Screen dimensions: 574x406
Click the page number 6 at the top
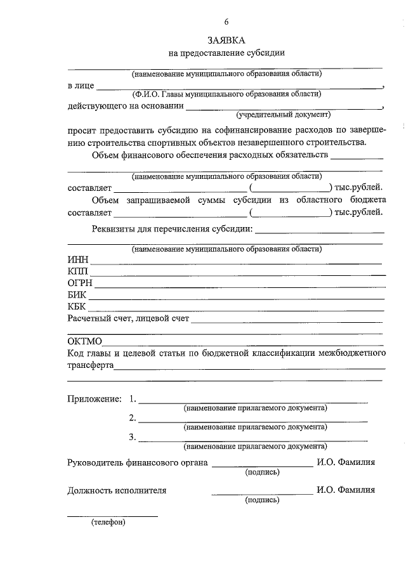[x=226, y=20]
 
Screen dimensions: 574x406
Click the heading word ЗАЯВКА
[x=226, y=39]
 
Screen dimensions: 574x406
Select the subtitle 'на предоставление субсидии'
[x=226, y=53]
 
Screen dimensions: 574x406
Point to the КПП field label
[x=79, y=271]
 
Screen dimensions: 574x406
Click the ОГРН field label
[x=81, y=284]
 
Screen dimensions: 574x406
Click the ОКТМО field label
[x=85, y=342]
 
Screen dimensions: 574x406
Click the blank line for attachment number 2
[x=252, y=421]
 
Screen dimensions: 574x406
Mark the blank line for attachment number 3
[x=252, y=440]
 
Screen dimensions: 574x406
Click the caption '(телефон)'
[x=108, y=523]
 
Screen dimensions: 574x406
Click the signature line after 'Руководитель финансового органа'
[x=261, y=466]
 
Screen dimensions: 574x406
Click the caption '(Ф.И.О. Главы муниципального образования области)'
[x=226, y=95]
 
